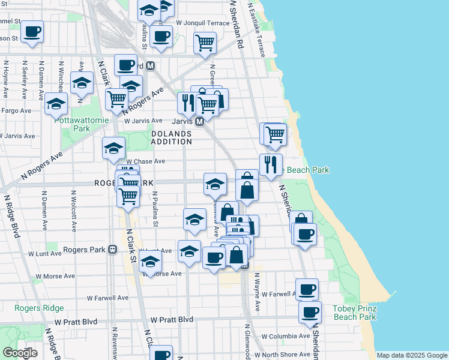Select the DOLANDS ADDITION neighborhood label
pyautogui.click(x=171, y=138)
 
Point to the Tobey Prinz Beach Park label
pyautogui.click(x=354, y=313)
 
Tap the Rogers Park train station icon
pyautogui.click(x=112, y=250)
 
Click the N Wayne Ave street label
pyautogui.click(x=257, y=293)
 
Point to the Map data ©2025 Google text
pyautogui.click(x=411, y=355)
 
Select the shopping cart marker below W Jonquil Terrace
pyautogui.click(x=205, y=43)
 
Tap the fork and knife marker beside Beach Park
pyautogui.click(x=271, y=164)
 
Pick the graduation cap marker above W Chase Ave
pyautogui.click(x=113, y=149)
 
